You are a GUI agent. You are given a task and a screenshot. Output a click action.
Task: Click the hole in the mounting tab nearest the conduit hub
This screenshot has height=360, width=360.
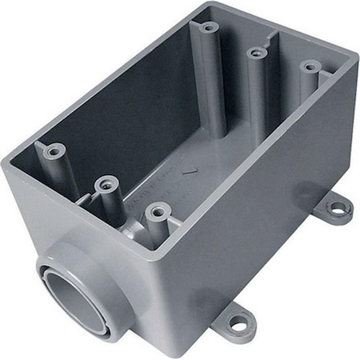click(237, 323)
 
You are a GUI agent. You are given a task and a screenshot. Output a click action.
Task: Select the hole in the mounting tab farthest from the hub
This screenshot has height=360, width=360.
click(336, 209)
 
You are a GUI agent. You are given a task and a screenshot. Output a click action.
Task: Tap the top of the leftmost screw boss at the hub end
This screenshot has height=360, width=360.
click(54, 150)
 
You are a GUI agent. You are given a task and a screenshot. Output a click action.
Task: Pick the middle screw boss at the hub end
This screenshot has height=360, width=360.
click(102, 184)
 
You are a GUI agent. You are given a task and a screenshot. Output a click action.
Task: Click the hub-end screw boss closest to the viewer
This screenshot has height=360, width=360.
click(155, 211)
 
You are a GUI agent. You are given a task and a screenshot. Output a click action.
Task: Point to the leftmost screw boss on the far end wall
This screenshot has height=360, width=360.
click(209, 27)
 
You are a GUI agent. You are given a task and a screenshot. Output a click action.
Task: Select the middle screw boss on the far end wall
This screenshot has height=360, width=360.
click(256, 53)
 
